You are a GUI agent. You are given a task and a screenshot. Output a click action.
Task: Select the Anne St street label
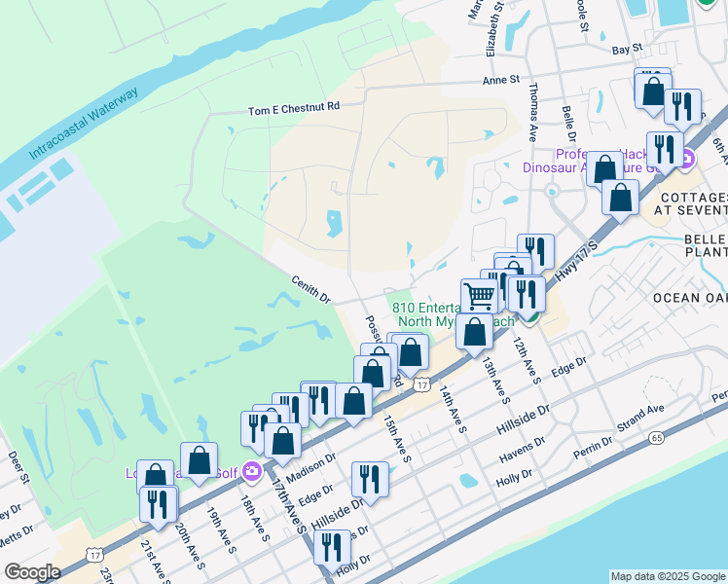click(x=501, y=81)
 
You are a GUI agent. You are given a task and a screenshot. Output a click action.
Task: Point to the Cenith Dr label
click(x=311, y=288)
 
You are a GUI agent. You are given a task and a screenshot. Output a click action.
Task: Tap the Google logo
click(x=32, y=572)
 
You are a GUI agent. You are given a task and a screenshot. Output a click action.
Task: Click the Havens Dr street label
click(x=521, y=450)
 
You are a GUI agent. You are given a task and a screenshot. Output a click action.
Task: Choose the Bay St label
click(x=627, y=48)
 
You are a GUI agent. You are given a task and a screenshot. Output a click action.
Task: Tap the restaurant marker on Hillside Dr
click(x=369, y=477)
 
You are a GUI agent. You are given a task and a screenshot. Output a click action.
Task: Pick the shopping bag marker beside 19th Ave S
click(x=199, y=459)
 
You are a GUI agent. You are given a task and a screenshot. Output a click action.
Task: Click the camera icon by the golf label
click(x=252, y=471)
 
